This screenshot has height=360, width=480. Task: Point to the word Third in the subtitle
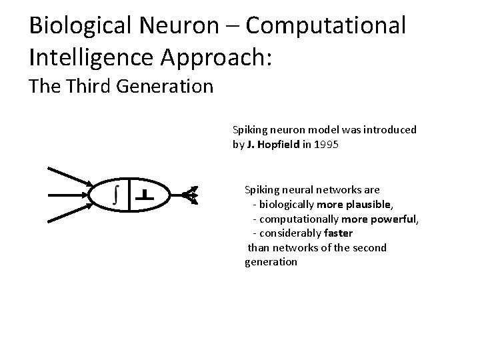[87, 86]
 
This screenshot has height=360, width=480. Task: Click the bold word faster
[339, 233]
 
